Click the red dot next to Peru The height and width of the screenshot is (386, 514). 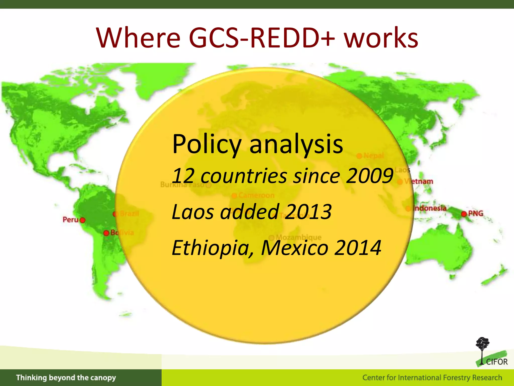click(x=82, y=220)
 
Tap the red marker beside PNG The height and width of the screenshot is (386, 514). click(x=464, y=214)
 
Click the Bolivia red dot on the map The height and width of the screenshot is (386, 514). click(x=106, y=233)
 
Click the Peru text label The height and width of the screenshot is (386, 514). click(x=71, y=220)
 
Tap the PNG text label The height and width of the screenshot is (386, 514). click(x=476, y=213)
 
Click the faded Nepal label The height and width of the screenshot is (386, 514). click(x=373, y=156)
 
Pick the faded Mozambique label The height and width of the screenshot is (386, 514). click(x=298, y=237)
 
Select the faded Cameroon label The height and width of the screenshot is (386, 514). click(x=256, y=195)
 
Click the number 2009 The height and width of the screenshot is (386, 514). click(x=369, y=176)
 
